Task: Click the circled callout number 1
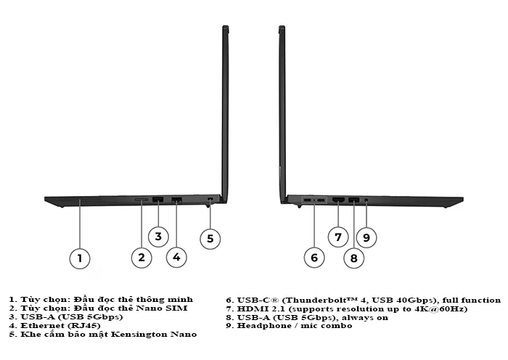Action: [x=80, y=258]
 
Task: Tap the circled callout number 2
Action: [x=142, y=258]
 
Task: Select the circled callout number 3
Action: [x=158, y=237]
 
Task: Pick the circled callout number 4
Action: [x=176, y=257]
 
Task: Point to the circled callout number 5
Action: [x=210, y=239]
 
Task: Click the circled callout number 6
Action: [x=314, y=258]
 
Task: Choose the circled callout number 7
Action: [x=338, y=237]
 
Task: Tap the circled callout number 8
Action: [x=354, y=258]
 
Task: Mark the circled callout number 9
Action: [x=366, y=238]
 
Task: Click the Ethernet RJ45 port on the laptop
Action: [x=176, y=200]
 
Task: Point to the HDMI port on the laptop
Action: [x=338, y=200]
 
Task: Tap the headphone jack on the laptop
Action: [x=366, y=200]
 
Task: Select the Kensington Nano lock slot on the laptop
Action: [x=210, y=199]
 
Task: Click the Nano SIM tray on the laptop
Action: [x=142, y=200]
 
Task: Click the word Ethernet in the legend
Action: [x=38, y=325]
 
